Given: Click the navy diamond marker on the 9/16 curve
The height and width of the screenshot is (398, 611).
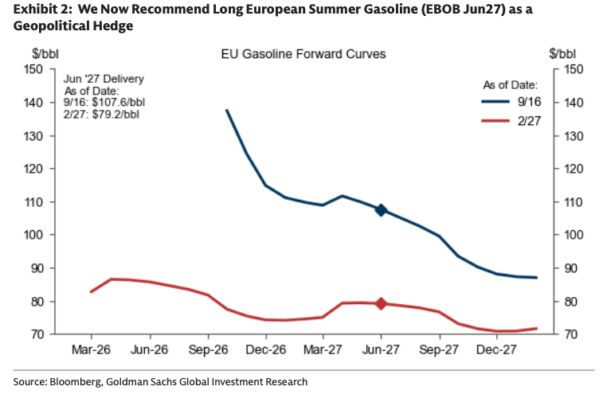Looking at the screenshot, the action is (381, 210).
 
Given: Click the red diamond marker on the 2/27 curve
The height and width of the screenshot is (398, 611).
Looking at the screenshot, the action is (381, 304).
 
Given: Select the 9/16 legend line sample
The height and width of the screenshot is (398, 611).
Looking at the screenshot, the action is (495, 102).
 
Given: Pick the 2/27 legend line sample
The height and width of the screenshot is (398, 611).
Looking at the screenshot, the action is (495, 121).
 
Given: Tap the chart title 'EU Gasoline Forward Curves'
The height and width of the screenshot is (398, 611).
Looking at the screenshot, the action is (304, 54).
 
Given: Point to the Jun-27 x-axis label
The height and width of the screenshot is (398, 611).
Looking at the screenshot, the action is (381, 349).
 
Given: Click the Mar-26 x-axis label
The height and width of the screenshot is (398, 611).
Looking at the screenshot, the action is (91, 349).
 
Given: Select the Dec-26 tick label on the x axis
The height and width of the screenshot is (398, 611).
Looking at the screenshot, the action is (266, 349).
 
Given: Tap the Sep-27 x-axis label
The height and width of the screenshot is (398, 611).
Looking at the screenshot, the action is (439, 349).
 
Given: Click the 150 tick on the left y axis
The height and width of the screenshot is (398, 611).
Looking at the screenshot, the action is (33, 69).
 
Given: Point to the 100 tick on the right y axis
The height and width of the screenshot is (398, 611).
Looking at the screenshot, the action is (574, 235).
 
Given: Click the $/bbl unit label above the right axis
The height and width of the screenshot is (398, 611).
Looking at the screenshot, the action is (562, 54).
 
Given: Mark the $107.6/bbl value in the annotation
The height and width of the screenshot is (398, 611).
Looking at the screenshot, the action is (119, 103).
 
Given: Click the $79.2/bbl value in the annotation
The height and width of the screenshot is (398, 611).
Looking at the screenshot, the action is (116, 115).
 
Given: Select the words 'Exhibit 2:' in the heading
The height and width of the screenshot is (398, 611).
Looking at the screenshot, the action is (43, 9).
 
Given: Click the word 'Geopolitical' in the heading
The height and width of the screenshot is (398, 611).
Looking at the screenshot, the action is (49, 26).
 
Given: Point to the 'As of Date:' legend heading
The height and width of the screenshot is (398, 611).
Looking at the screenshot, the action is (511, 85).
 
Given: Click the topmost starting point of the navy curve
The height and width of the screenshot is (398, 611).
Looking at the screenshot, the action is (227, 110).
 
